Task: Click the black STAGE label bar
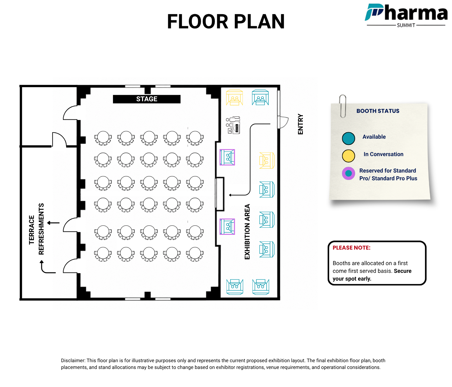tap(147, 99)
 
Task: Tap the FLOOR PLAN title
tap(226, 21)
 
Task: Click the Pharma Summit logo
tap(406, 15)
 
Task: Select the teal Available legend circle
tap(348, 138)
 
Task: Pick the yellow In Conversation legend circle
tap(348, 156)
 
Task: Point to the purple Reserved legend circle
tap(348, 174)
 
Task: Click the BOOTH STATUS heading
tap(378, 111)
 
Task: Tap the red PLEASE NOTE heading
tap(351, 248)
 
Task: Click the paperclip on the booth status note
tap(343, 106)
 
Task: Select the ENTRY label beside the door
tap(301, 124)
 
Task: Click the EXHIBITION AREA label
tap(247, 232)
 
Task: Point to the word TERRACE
tap(32, 230)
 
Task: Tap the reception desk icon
tap(233, 125)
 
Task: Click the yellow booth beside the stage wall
tap(234, 97)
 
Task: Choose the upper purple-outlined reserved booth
tap(227, 157)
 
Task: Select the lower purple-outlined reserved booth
tap(227, 227)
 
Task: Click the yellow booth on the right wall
tap(267, 161)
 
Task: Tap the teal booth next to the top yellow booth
tap(260, 97)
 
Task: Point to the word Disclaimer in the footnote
tap(73, 361)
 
